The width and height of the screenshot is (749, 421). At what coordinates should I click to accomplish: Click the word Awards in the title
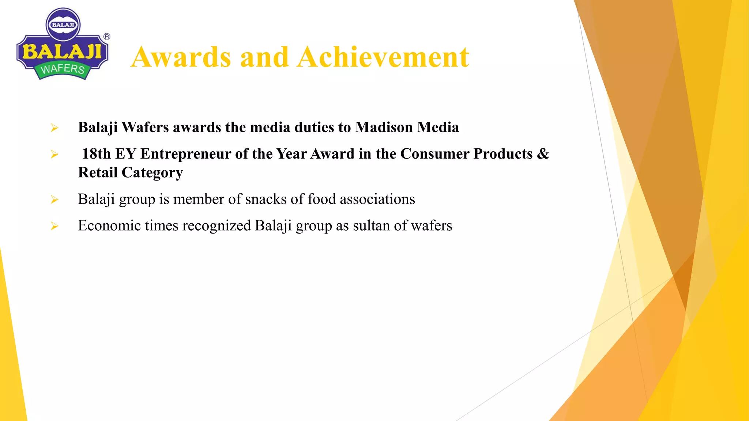[x=181, y=57]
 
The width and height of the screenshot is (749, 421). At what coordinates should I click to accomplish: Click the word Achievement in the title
[x=383, y=57]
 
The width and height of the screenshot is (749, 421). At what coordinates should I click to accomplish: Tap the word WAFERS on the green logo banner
[x=63, y=69]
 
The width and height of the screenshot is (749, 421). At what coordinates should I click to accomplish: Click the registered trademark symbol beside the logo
[x=107, y=37]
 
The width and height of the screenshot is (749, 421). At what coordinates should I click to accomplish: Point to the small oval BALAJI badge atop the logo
[x=63, y=25]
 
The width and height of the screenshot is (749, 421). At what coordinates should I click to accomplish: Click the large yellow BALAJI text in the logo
[x=62, y=51]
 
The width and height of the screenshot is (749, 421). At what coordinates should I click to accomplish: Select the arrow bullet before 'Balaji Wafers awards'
[x=54, y=128]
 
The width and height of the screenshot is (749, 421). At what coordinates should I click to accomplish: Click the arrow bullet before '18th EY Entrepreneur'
[x=54, y=155]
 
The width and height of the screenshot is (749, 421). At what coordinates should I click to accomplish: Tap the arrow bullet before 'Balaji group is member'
[x=54, y=200]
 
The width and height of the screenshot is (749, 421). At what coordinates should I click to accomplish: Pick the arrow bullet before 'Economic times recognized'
[x=54, y=226]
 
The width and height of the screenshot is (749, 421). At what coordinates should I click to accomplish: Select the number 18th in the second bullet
[x=96, y=154]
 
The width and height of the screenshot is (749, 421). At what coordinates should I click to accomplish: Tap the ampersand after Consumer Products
[x=543, y=154]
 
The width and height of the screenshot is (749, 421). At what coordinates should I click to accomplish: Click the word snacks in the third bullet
[x=266, y=199]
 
